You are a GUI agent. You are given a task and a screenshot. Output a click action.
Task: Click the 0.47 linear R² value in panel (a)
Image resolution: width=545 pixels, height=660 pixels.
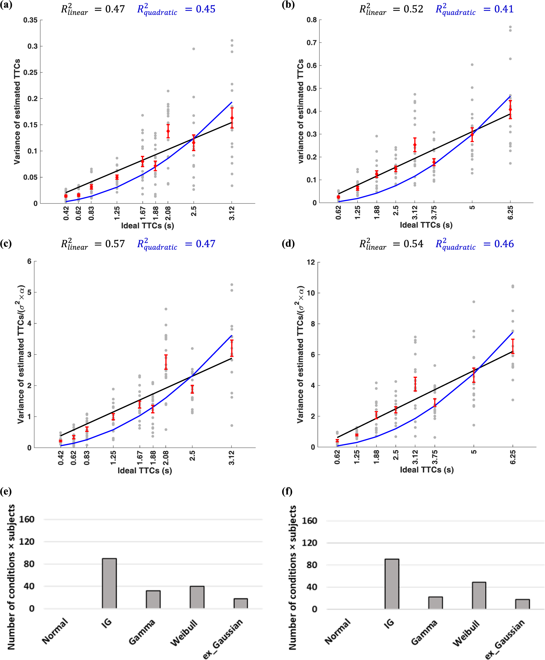[x=115, y=9]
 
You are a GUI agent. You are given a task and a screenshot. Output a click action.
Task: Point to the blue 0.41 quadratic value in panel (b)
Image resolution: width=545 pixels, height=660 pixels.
[x=504, y=9]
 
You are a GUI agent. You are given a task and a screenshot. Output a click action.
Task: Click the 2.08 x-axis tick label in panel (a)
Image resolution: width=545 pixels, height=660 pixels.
[x=168, y=213]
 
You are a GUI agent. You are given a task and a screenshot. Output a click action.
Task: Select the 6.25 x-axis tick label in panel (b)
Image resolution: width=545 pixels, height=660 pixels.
[x=510, y=213]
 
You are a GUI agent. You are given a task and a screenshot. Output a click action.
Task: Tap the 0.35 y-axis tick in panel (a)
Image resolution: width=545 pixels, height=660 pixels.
[x=31, y=20]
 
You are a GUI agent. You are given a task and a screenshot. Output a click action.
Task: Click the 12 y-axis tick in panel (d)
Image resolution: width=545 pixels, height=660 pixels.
[x=311, y=262]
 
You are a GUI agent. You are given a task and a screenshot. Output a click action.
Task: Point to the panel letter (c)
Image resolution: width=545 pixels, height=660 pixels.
[x=6, y=243]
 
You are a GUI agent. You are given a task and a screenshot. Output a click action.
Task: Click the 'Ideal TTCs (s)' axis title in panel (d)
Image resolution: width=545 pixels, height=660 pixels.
[x=427, y=470]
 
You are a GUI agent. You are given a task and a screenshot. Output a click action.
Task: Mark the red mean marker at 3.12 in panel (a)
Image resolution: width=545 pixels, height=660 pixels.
[x=232, y=118]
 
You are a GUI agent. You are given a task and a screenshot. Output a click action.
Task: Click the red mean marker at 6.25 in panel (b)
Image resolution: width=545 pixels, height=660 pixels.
[x=510, y=109]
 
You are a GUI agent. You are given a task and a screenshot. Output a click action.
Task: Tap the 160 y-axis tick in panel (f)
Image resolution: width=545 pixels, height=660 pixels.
[x=309, y=521]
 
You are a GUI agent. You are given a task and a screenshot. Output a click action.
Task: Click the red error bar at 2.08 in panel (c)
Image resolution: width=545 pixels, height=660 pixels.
[x=166, y=362]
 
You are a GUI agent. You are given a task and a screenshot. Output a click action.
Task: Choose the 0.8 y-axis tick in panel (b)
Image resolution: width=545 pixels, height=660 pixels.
[x=312, y=20]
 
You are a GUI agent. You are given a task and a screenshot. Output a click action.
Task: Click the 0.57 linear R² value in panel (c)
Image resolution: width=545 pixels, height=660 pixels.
[x=115, y=244]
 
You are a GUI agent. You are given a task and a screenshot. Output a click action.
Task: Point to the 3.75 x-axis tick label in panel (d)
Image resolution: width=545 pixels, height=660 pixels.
[x=435, y=457]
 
